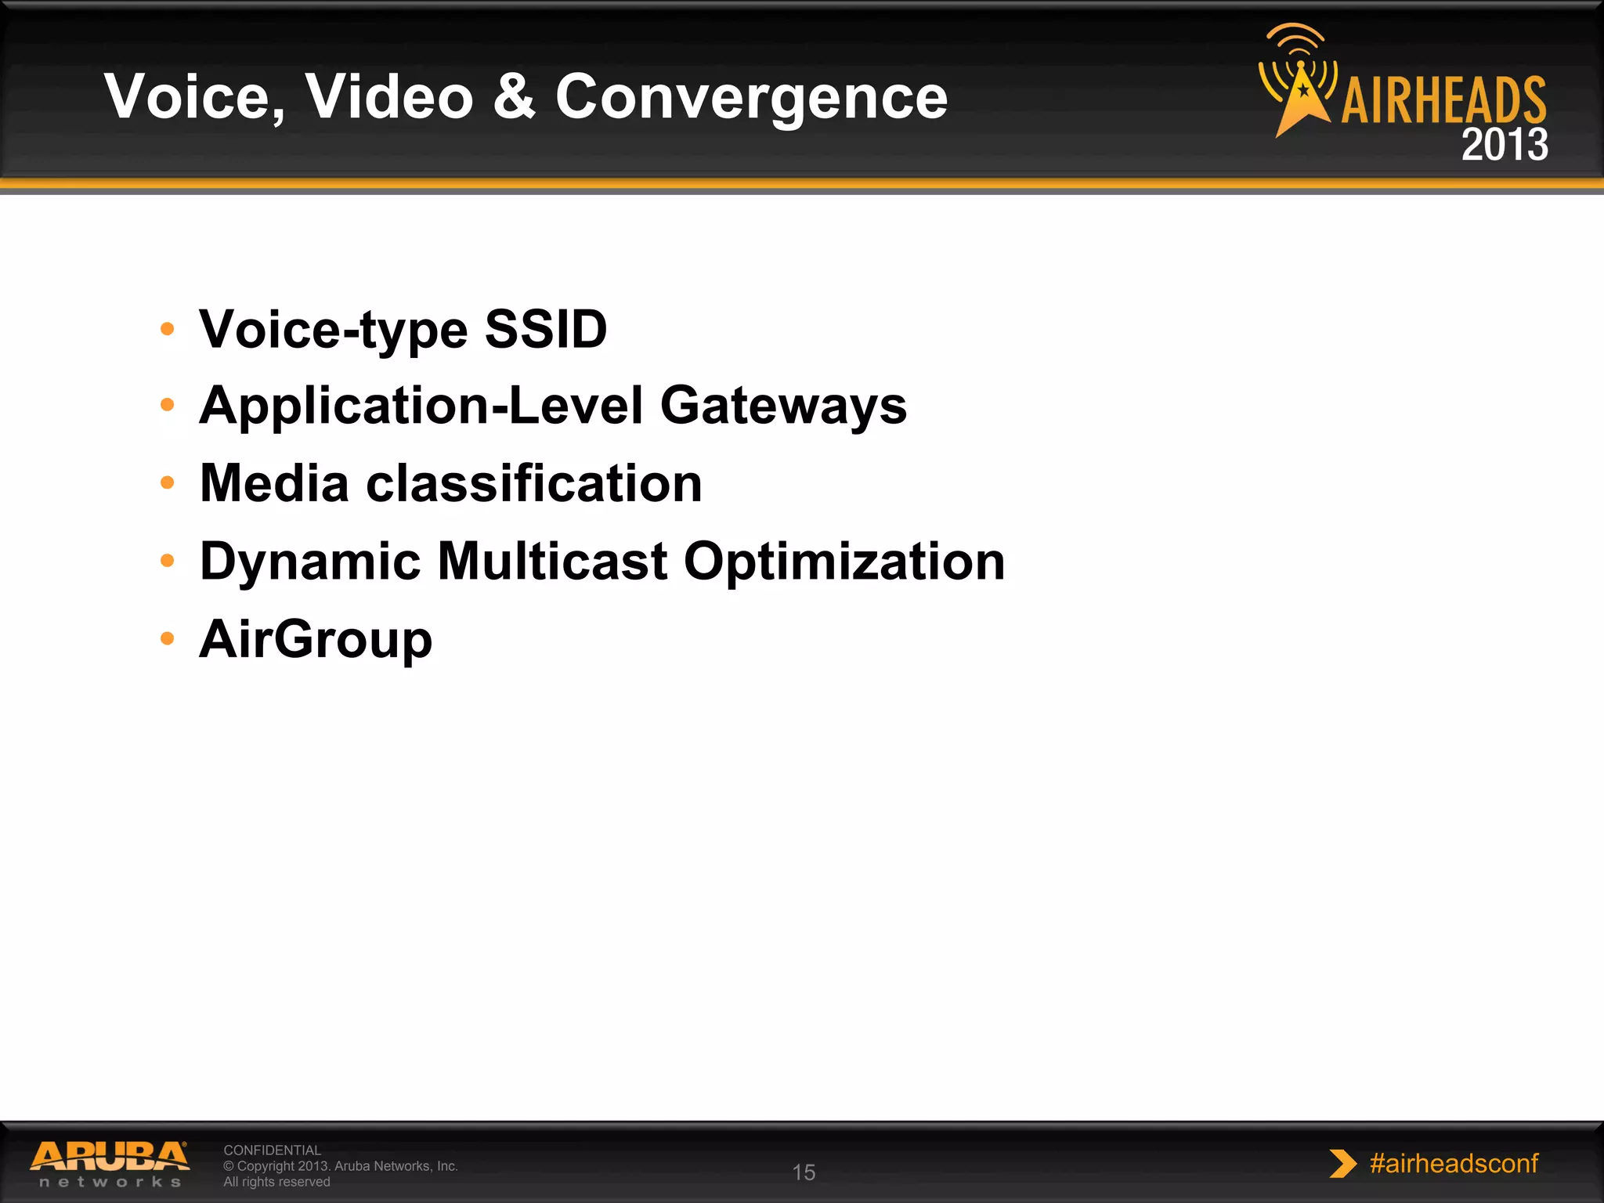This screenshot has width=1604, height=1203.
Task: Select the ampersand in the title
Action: [515, 96]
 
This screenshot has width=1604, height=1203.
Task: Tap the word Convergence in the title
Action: [751, 98]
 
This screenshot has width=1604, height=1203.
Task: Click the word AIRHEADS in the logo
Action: [1443, 100]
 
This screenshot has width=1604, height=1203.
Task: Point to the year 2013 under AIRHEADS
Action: [1504, 145]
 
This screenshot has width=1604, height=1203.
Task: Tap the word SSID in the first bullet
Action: [546, 329]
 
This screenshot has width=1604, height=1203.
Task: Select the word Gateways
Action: [783, 406]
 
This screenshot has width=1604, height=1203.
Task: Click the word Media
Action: [274, 483]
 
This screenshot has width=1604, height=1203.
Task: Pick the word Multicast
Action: [552, 561]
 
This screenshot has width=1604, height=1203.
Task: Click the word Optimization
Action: [844, 561]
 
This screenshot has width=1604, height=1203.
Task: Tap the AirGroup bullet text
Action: [316, 639]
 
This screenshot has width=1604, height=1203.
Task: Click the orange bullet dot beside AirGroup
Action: [167, 638]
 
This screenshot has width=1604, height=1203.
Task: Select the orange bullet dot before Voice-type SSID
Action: [167, 329]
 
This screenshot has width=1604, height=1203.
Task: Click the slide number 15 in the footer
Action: [804, 1172]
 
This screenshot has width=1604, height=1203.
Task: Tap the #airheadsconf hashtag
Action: [1454, 1163]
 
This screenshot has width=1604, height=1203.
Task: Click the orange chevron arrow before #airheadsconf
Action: [1342, 1164]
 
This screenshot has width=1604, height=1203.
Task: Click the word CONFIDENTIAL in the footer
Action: [272, 1150]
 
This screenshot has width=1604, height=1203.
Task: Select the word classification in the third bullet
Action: [534, 483]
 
